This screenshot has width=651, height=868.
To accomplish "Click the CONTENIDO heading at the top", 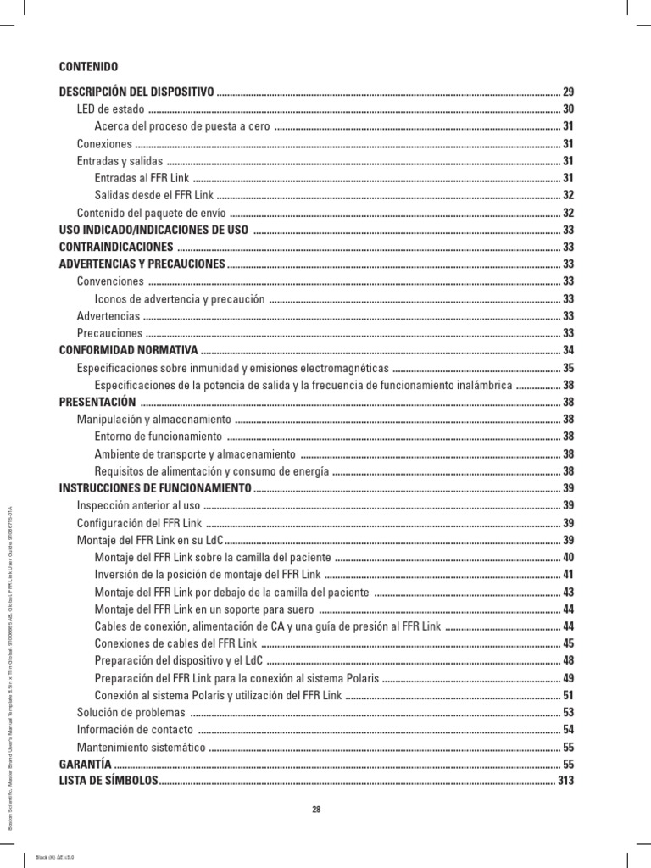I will (x=89, y=66).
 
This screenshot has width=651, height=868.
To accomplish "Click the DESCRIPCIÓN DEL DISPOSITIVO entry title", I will (x=136, y=91).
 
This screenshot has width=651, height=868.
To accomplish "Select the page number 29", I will (x=569, y=91).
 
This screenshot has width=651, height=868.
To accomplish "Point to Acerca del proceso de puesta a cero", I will (x=182, y=126).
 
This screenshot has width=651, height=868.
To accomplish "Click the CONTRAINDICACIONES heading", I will (x=116, y=247).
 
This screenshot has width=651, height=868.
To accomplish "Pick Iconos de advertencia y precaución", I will (x=181, y=298).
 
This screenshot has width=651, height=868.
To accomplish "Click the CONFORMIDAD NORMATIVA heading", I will (x=128, y=350).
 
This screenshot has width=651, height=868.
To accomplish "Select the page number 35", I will (x=569, y=368).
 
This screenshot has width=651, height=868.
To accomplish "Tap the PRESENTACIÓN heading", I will (x=97, y=402).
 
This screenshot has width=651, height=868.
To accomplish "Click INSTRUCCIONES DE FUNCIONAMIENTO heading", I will (x=155, y=488).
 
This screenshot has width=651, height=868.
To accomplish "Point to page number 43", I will (x=569, y=592).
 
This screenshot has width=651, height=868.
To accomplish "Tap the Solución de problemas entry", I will (x=131, y=712).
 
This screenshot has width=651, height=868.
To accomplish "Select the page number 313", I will (x=565, y=781).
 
